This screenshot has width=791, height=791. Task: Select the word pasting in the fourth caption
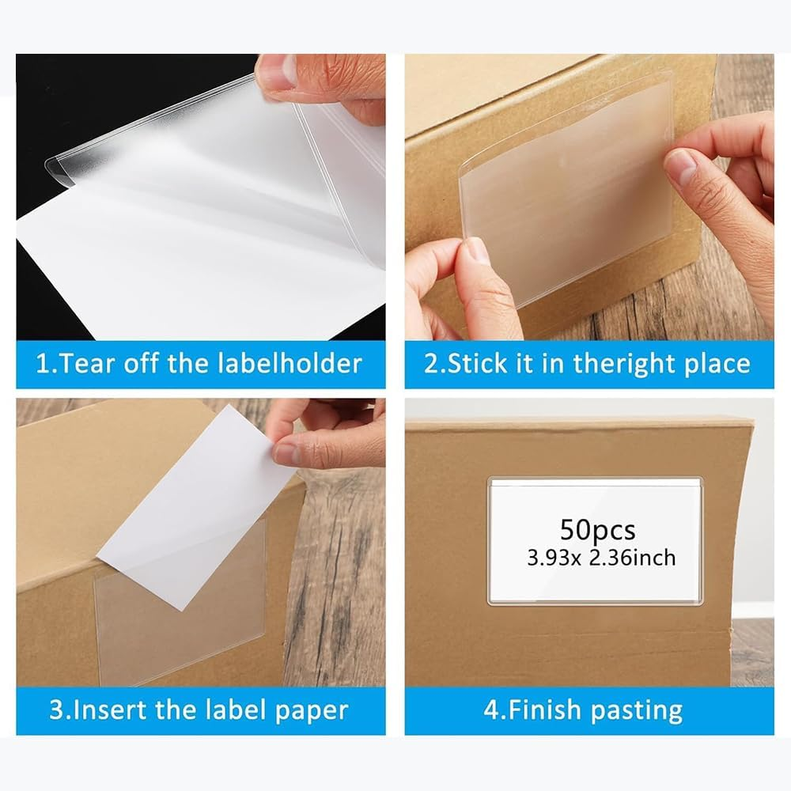[x=637, y=710]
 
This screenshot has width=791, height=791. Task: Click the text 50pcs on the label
[x=597, y=528]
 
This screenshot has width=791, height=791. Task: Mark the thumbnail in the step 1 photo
[x=278, y=74]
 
